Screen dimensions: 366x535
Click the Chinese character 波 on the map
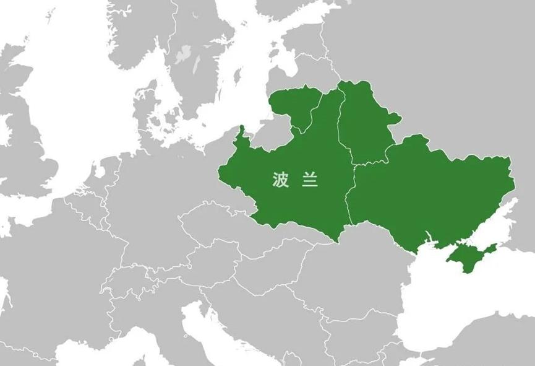(x=280, y=180)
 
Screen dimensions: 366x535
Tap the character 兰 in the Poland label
(x=310, y=180)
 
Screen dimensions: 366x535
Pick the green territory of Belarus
(x=365, y=124)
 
